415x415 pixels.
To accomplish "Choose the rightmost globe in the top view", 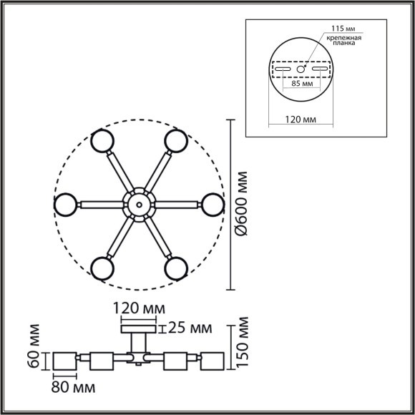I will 213,205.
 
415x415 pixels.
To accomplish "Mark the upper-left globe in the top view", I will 102,140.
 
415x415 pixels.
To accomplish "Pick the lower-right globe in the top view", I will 175,268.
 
